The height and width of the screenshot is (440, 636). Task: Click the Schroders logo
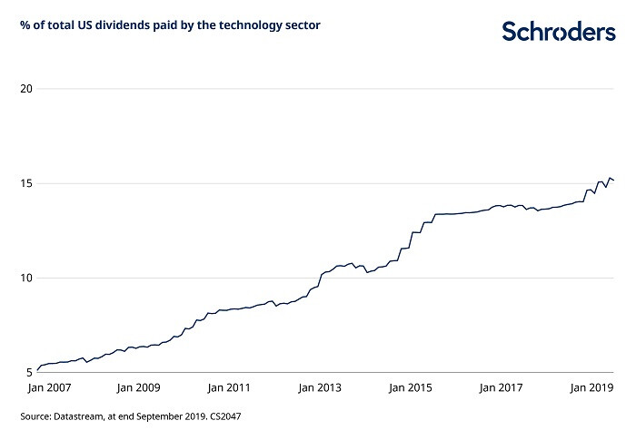pyautogui.click(x=558, y=32)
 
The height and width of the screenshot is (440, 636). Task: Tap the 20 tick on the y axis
pyautogui.click(x=26, y=89)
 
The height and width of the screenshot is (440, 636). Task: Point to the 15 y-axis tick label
pyautogui.click(x=26, y=183)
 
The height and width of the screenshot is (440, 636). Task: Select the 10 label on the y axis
pyautogui.click(x=26, y=278)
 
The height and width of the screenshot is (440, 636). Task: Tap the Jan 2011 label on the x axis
pyautogui.click(x=228, y=388)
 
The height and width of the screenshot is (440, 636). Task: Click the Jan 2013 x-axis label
pyautogui.click(x=319, y=388)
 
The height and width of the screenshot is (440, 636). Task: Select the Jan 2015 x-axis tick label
pyautogui.click(x=410, y=388)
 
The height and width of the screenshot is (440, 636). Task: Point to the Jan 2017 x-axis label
pyautogui.click(x=501, y=388)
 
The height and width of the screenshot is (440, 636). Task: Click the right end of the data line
pyautogui.click(x=614, y=181)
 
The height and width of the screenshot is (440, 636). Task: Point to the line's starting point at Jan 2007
pyautogui.click(x=36, y=370)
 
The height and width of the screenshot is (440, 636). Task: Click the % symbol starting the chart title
pyautogui.click(x=25, y=24)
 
